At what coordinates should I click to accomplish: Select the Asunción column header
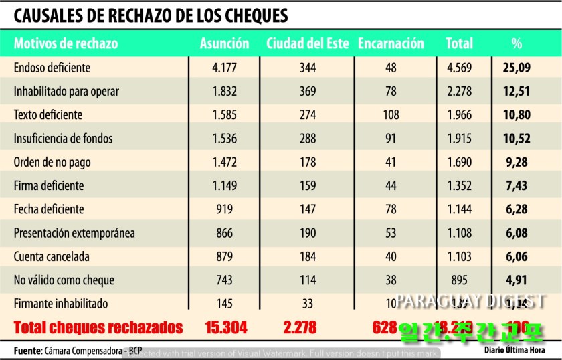click(x=224, y=44)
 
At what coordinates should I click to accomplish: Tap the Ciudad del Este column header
click(x=307, y=44)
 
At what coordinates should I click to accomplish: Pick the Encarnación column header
click(x=391, y=44)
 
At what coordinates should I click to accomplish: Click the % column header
click(x=516, y=44)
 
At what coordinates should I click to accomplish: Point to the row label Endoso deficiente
click(x=52, y=68)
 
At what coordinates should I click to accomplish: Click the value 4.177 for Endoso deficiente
click(x=225, y=68)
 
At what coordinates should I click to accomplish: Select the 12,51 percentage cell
click(x=517, y=91)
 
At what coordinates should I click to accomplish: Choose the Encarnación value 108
click(x=390, y=115)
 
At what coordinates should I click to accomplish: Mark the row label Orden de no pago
click(x=52, y=162)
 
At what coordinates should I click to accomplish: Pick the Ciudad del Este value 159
click(x=308, y=186)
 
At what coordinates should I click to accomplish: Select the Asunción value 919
click(x=225, y=209)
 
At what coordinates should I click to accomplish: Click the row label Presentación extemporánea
click(x=74, y=233)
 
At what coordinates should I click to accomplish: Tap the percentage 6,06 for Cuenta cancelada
click(x=517, y=256)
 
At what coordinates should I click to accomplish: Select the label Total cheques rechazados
click(x=98, y=328)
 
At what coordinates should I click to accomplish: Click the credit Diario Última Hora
click(x=514, y=350)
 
